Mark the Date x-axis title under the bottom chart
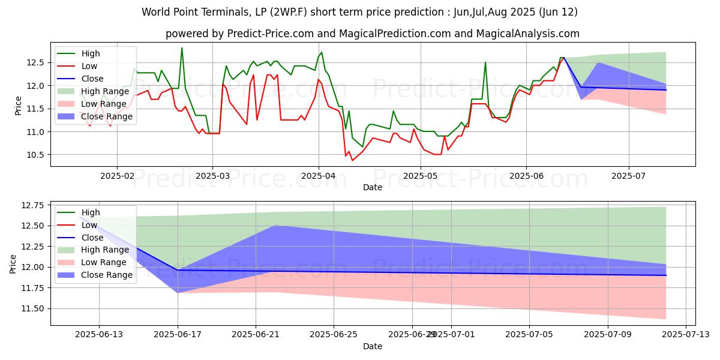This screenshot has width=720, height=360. pos(373,346)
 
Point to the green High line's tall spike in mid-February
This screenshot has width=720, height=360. pos(182,48)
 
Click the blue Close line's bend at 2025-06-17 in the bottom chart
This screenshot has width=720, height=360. pos(178,270)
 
